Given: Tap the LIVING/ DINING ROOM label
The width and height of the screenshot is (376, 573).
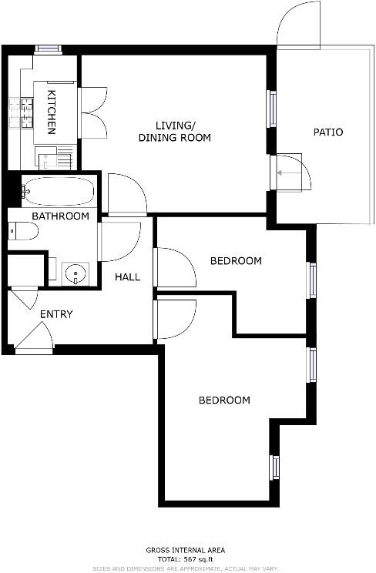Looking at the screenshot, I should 174,132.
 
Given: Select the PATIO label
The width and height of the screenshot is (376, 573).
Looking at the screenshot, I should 327,132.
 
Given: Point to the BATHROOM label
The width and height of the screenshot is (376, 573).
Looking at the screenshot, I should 60,216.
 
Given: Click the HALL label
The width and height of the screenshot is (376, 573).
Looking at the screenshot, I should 127,276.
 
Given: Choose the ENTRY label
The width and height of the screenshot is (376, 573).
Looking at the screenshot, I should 56,314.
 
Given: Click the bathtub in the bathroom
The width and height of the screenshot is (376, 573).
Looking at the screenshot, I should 58,189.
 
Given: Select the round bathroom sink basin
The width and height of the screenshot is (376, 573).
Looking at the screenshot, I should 76,273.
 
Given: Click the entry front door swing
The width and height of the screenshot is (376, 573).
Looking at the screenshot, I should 35,339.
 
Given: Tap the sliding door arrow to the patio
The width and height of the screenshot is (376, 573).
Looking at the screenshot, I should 289,173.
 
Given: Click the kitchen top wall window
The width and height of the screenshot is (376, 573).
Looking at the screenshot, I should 48,49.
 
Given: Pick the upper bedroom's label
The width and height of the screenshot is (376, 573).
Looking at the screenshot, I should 236,261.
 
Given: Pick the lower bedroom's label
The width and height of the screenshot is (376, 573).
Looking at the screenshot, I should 224,400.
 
